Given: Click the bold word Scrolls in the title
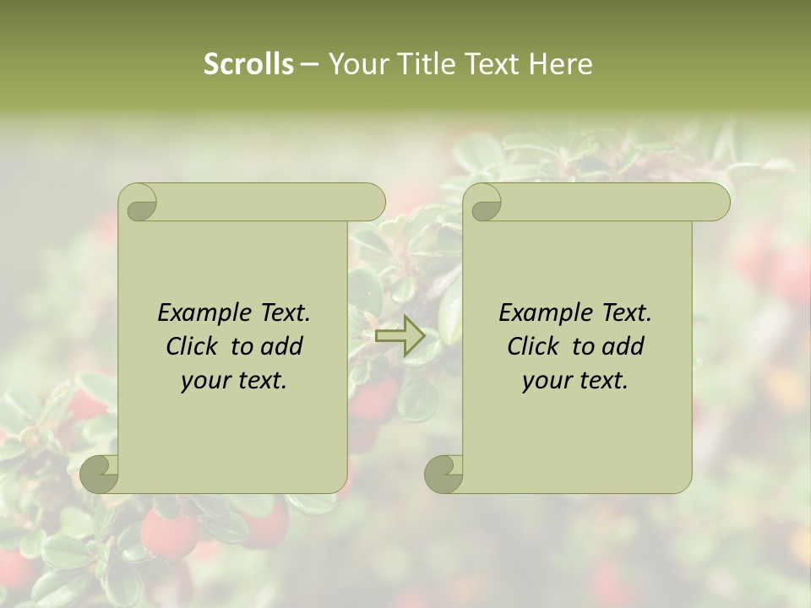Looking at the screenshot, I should tap(248, 64).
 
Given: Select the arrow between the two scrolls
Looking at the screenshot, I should tap(400, 336).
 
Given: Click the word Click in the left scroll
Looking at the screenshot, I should tap(193, 346).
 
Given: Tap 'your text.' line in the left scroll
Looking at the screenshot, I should tap(234, 380).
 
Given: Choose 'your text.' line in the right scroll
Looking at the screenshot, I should tap(575, 380).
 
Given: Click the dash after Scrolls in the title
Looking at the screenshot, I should tap(309, 64).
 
